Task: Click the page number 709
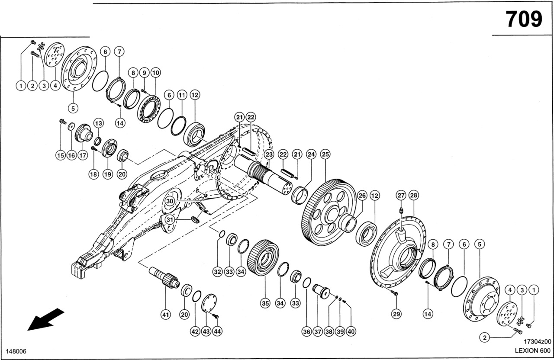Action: tap(524, 19)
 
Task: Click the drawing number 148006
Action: tap(16, 350)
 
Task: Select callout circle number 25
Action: tap(325, 154)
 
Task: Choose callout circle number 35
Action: tap(265, 304)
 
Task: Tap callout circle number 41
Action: tap(165, 315)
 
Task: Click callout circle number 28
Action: tap(414, 196)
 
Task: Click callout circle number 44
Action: tap(217, 331)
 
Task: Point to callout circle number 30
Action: tap(170, 201)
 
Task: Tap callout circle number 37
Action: tap(318, 331)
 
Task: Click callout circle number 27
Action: tap(401, 196)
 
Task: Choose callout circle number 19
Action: tap(107, 174)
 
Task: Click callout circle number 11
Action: tap(182, 95)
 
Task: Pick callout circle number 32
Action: tap(217, 272)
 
